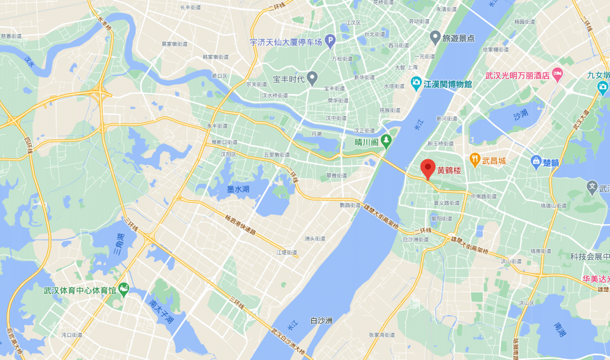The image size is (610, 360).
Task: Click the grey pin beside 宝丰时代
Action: click(313, 78)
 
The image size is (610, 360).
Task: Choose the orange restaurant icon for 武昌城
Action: click(475, 160)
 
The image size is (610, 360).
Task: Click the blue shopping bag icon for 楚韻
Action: click(536, 162)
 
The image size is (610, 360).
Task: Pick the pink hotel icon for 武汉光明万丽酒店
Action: click(557, 75)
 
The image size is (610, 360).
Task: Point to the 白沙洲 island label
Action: click(321, 321)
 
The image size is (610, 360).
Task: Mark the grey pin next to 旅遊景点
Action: click(435, 37)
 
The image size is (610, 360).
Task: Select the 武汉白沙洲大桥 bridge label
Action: click(288, 342)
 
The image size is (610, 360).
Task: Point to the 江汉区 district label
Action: click(352, 23)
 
